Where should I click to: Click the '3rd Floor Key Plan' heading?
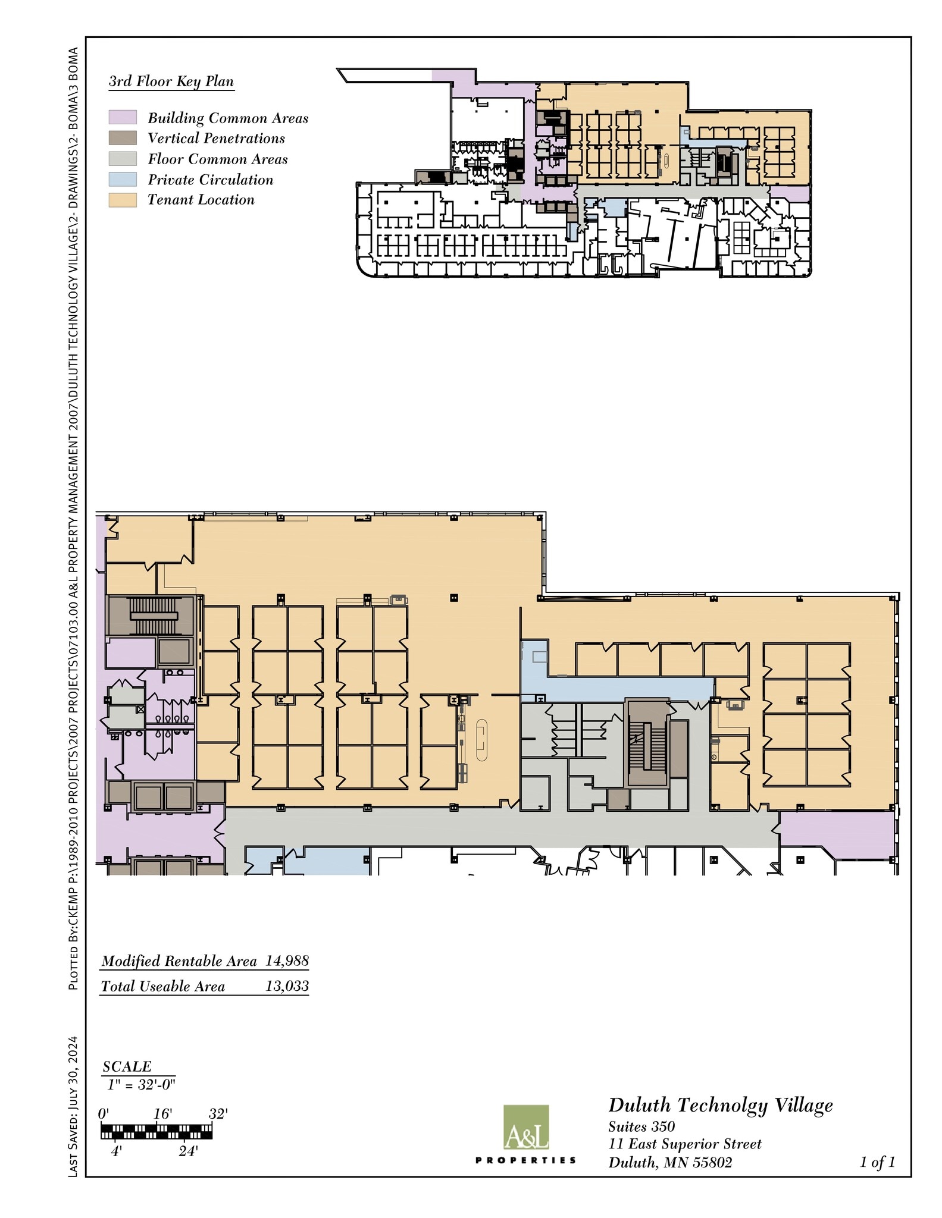(171, 81)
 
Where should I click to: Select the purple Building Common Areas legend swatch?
(123, 117)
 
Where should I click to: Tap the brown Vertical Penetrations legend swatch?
(123, 138)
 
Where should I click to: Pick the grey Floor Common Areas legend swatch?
(123, 159)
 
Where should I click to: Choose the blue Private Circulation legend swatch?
(123, 179)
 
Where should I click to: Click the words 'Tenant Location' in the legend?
(201, 200)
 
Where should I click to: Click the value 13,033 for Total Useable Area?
(287, 986)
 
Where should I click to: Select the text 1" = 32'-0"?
(141, 1084)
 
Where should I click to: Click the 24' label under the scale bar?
(187, 1151)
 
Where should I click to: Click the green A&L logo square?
(526, 1127)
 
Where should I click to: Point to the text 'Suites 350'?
(641, 1126)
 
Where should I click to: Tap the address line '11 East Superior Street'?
(684, 1144)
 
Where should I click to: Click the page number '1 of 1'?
(877, 1162)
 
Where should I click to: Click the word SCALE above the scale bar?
(127, 1066)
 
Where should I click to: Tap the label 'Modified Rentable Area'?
(179, 961)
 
